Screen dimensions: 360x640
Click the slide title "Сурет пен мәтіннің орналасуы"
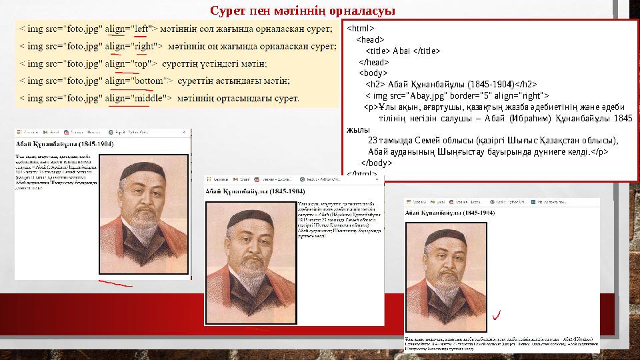pos(302,11)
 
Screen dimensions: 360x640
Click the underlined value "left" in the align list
pos(141,29)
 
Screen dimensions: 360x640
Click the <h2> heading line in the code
pos(451,84)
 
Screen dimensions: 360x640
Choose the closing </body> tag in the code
pos(376,163)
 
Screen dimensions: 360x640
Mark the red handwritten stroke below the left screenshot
pos(115,285)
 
